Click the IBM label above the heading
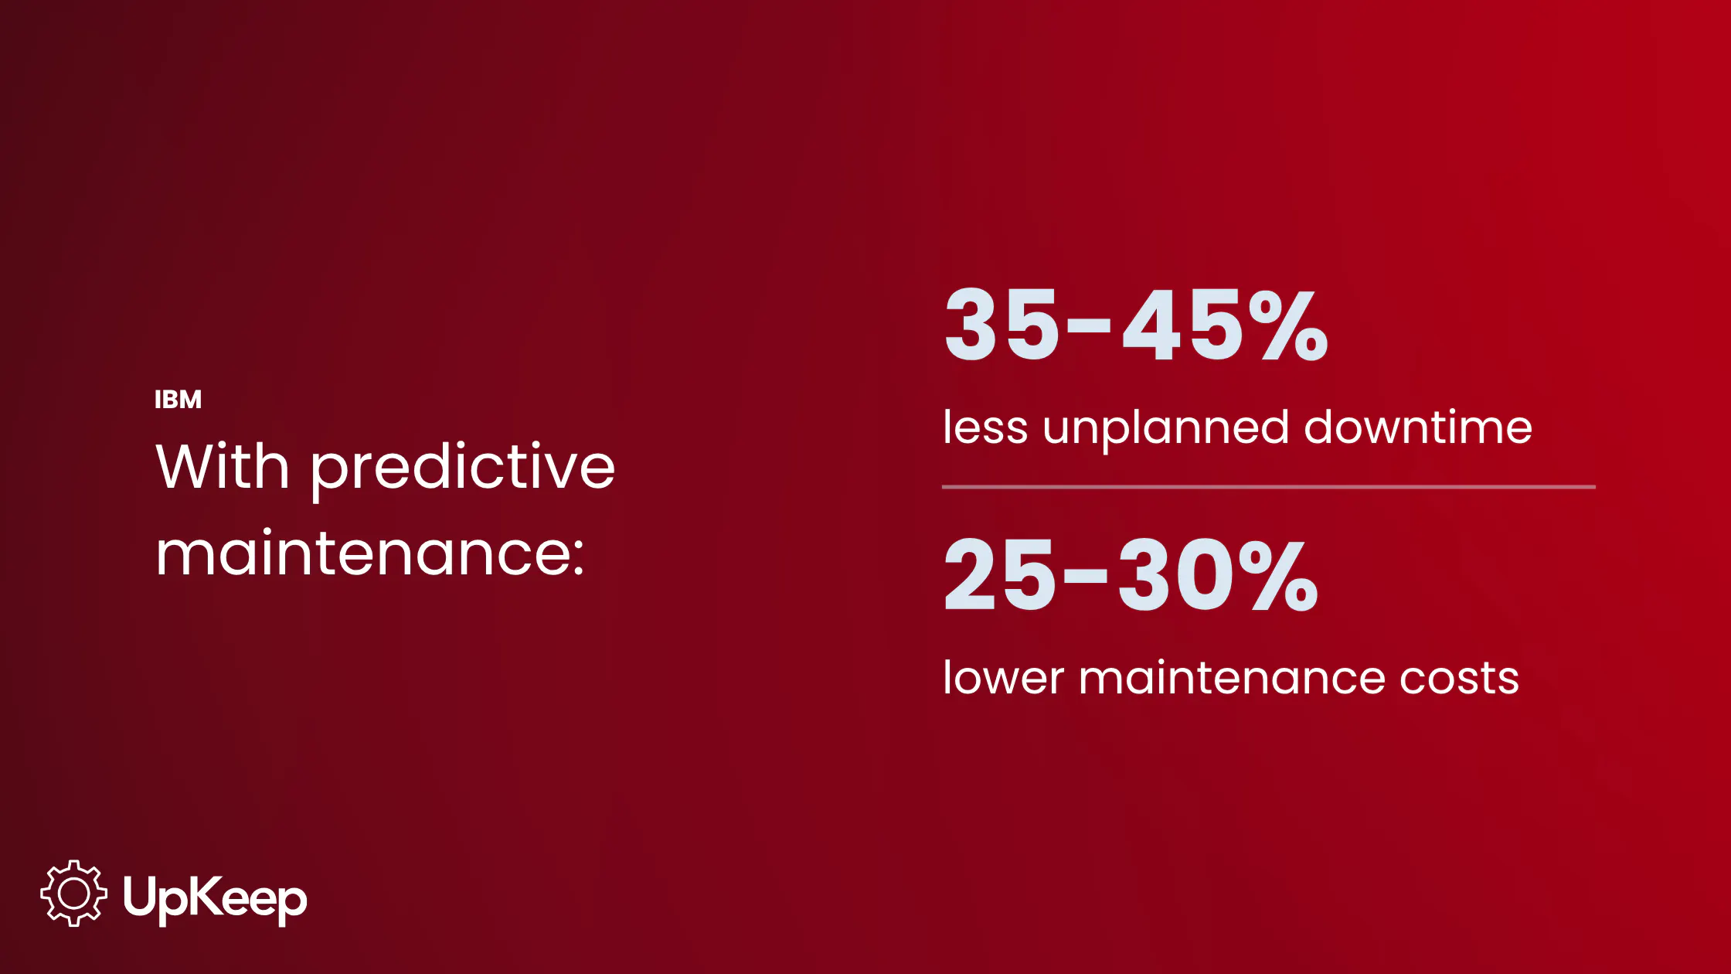178,399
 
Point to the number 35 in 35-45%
1002,324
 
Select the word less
985,427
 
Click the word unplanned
1166,430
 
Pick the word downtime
1418,427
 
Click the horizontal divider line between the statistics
1269,487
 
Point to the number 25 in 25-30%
999,574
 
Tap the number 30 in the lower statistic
1175,574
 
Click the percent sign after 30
1280,574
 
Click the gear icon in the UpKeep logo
73,894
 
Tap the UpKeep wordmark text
215,899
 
